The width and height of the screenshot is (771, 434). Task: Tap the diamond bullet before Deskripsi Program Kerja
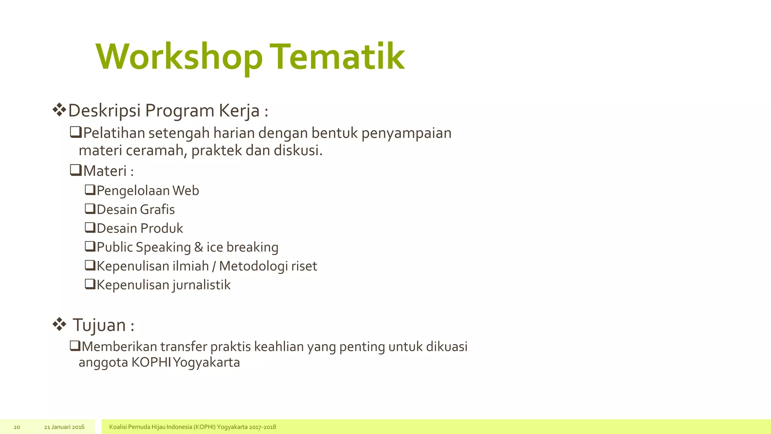click(x=59, y=110)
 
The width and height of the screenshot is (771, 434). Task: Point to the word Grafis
click(x=158, y=209)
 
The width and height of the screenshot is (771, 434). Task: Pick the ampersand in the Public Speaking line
click(x=198, y=247)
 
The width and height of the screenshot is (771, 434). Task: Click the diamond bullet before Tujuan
click(x=59, y=324)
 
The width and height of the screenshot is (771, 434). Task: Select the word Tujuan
click(x=99, y=325)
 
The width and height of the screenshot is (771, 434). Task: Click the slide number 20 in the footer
click(x=17, y=427)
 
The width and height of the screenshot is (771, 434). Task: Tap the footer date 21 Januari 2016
click(x=64, y=427)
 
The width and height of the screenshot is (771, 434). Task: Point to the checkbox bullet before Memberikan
click(x=75, y=345)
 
